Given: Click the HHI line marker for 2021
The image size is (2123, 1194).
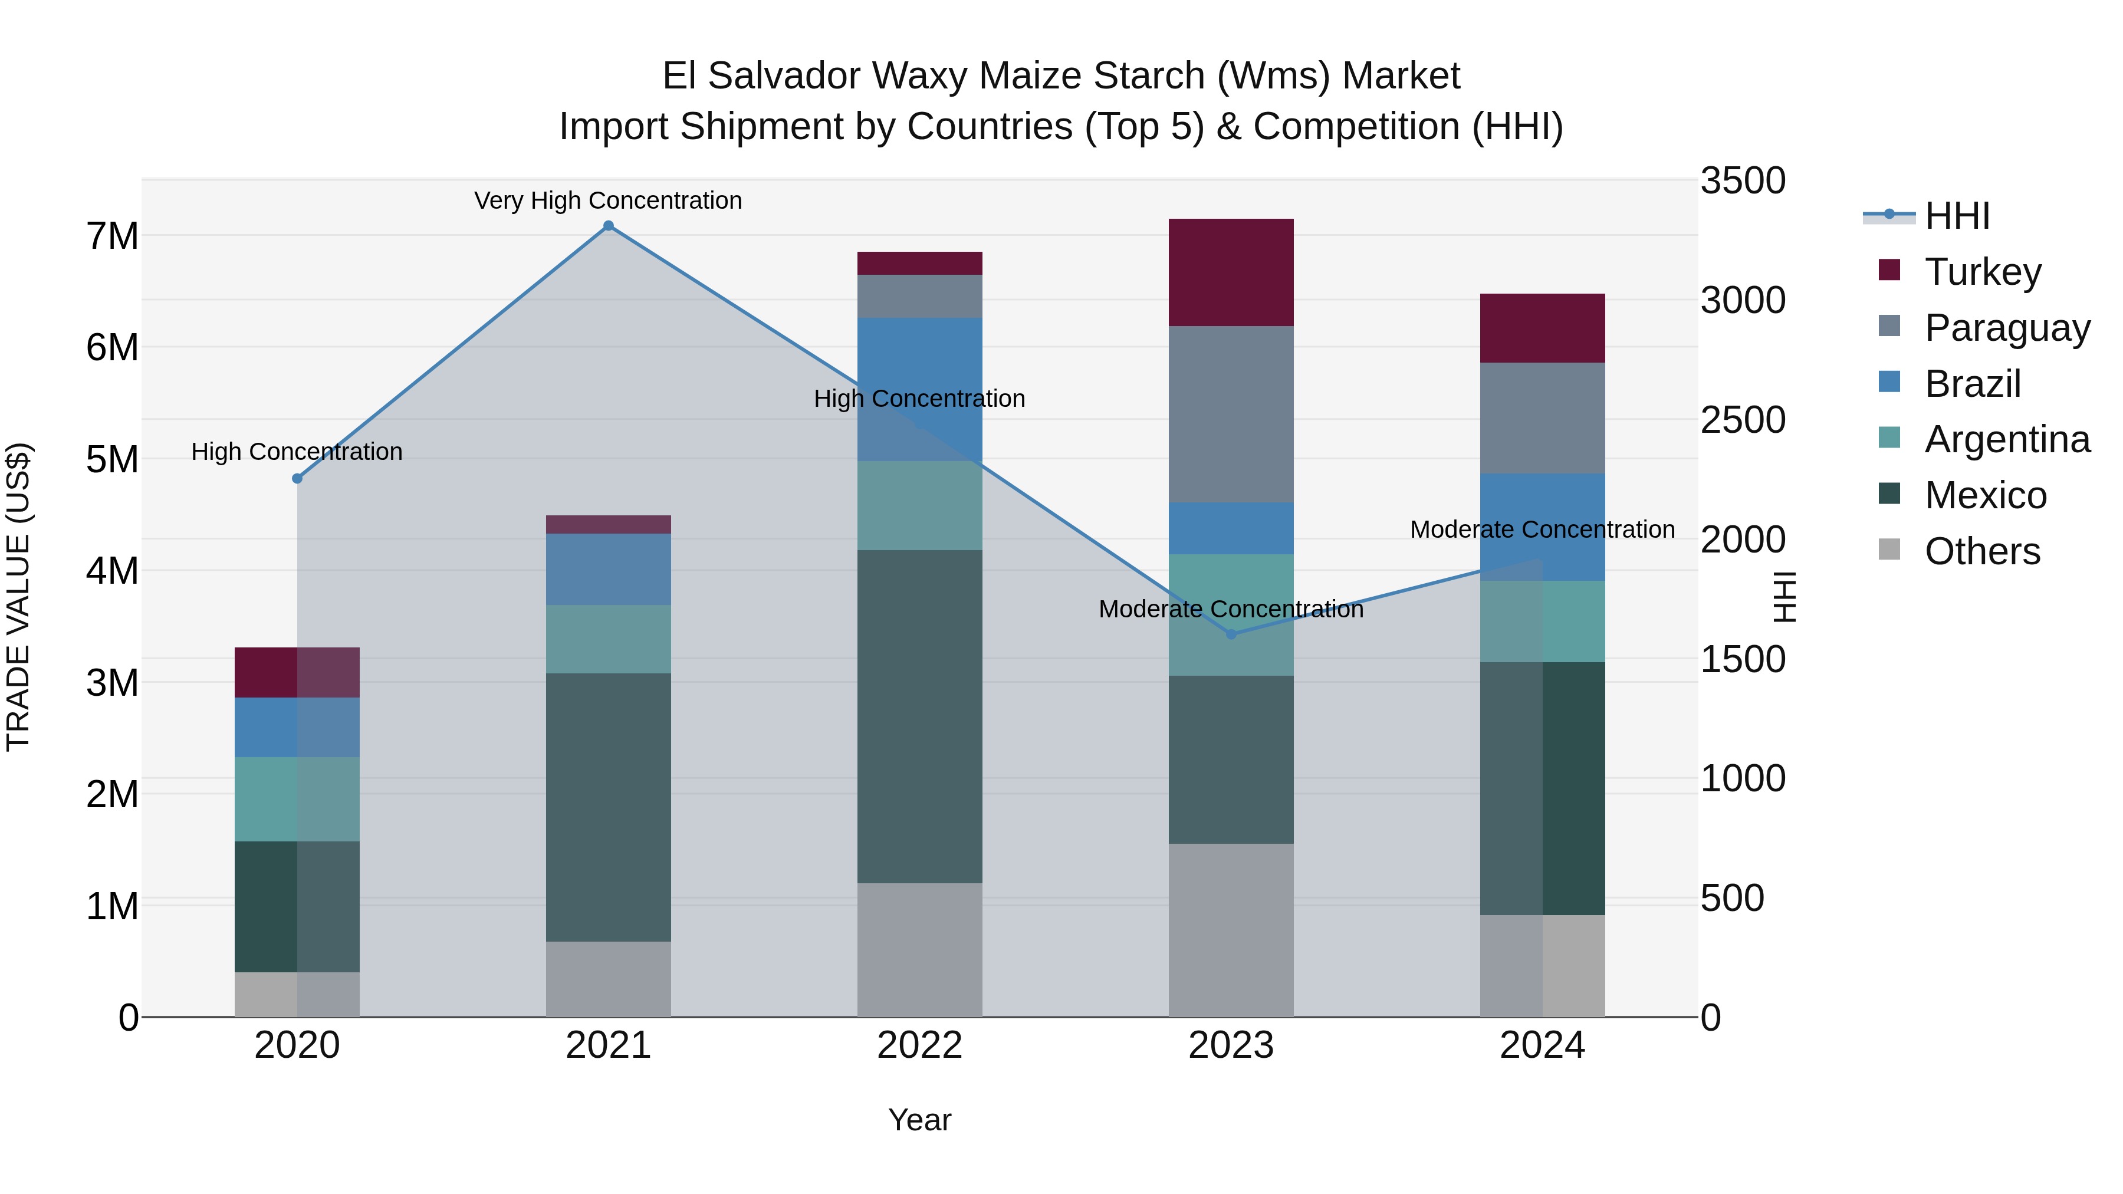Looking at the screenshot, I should coord(608,226).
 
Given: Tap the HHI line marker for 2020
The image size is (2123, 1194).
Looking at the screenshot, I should coord(298,479).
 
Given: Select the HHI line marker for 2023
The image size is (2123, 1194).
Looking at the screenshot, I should coord(1231,634).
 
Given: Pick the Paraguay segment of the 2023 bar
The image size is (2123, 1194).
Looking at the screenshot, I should coord(1231,415).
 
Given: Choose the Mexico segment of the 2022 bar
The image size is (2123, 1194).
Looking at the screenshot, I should coord(920,717).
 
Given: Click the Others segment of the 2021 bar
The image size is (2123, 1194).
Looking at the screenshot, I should coord(608,979).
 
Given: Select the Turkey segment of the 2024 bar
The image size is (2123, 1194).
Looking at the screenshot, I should coord(1542,328).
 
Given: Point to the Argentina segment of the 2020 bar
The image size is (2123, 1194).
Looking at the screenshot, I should coord(298,800).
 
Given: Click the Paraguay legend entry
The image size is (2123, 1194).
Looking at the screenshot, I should coord(2007,327).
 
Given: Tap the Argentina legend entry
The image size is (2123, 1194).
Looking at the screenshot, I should coord(2007,439).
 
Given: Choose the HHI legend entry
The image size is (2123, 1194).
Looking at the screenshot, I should coord(1957,216).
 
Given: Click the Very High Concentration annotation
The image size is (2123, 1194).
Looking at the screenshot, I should coord(608,200).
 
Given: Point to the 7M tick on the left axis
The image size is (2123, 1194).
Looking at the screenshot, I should coord(112,236).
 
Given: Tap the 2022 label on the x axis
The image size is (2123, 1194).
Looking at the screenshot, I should coord(920,1045).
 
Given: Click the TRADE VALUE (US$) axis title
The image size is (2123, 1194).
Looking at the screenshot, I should coord(18,597).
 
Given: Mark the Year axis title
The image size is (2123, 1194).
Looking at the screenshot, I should coord(920,1120).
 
